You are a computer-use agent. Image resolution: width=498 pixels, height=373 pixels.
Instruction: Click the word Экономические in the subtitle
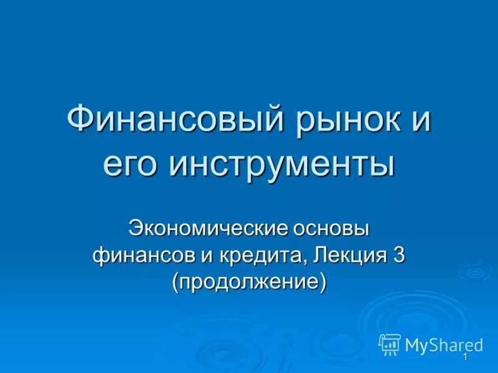[x=207, y=228]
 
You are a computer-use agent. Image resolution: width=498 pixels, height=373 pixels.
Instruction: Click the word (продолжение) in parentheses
[x=249, y=282]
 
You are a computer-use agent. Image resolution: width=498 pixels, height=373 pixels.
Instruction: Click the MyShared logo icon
[x=390, y=344]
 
